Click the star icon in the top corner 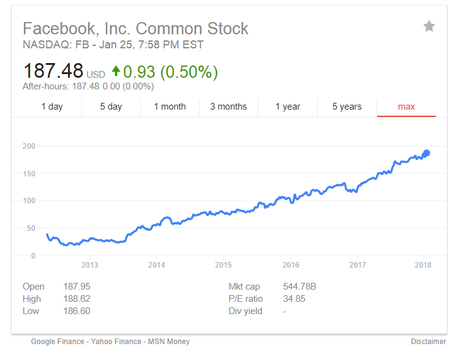pyautogui.click(x=429, y=26)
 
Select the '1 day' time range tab pyautogui.click(x=52, y=107)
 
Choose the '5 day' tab pyautogui.click(x=111, y=107)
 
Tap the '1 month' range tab pyautogui.click(x=170, y=107)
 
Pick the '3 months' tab pyautogui.click(x=228, y=107)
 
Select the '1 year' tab pyautogui.click(x=288, y=107)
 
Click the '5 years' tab pyautogui.click(x=347, y=107)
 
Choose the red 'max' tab pyautogui.click(x=407, y=107)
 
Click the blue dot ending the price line pyautogui.click(x=426, y=153)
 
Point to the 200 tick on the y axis pyautogui.click(x=28, y=146)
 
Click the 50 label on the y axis pyautogui.click(x=30, y=228)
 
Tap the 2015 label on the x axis pyautogui.click(x=223, y=265)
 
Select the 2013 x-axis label pyautogui.click(x=89, y=265)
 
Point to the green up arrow pyautogui.click(x=116, y=72)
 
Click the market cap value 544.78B pyautogui.click(x=299, y=287)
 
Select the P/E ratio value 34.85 pyautogui.click(x=294, y=299)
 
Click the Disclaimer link pyautogui.click(x=429, y=342)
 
